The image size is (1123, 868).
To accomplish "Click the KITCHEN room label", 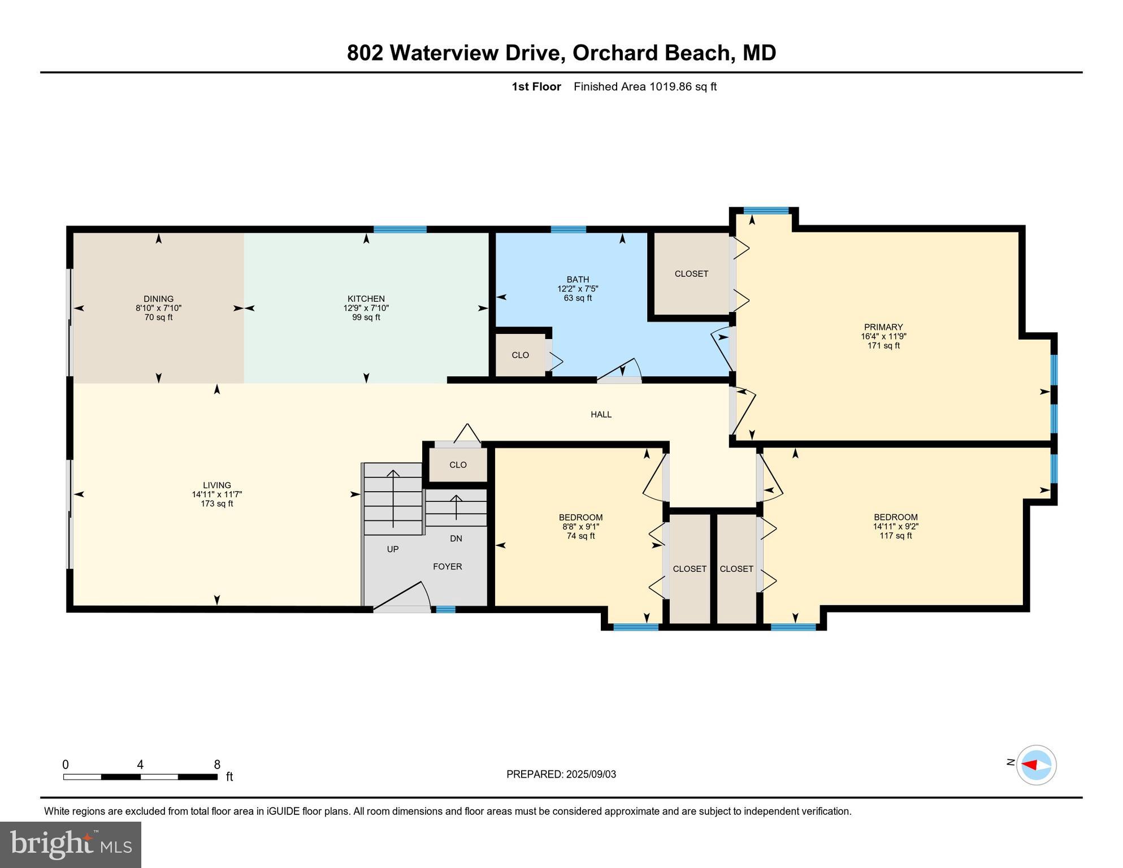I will (x=366, y=299).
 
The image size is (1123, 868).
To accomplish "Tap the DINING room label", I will (x=158, y=299).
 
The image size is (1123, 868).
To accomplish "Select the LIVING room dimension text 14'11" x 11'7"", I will (x=216, y=494).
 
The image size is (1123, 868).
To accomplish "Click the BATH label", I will (x=578, y=279).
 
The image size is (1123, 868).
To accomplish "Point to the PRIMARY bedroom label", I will (x=883, y=327).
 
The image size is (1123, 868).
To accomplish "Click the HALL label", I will (x=601, y=414).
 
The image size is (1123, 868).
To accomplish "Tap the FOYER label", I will (x=447, y=566).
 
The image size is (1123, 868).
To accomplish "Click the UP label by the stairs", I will (x=392, y=549).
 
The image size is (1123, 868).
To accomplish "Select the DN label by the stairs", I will (x=456, y=539).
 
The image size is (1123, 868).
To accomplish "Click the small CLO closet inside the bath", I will (x=520, y=355).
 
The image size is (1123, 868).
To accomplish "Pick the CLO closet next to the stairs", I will (x=457, y=465).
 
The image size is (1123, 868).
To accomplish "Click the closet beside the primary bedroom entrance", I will (x=691, y=274).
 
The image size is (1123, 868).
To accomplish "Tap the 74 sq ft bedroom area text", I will (x=580, y=536).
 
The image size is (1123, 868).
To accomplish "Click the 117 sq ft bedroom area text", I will (x=895, y=535).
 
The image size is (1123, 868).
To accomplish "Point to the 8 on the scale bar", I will (x=216, y=765).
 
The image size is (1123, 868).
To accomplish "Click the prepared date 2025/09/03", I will (x=591, y=774).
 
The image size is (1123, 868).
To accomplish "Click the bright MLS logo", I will (x=71, y=844).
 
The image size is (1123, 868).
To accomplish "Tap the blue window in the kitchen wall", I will (x=400, y=229).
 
